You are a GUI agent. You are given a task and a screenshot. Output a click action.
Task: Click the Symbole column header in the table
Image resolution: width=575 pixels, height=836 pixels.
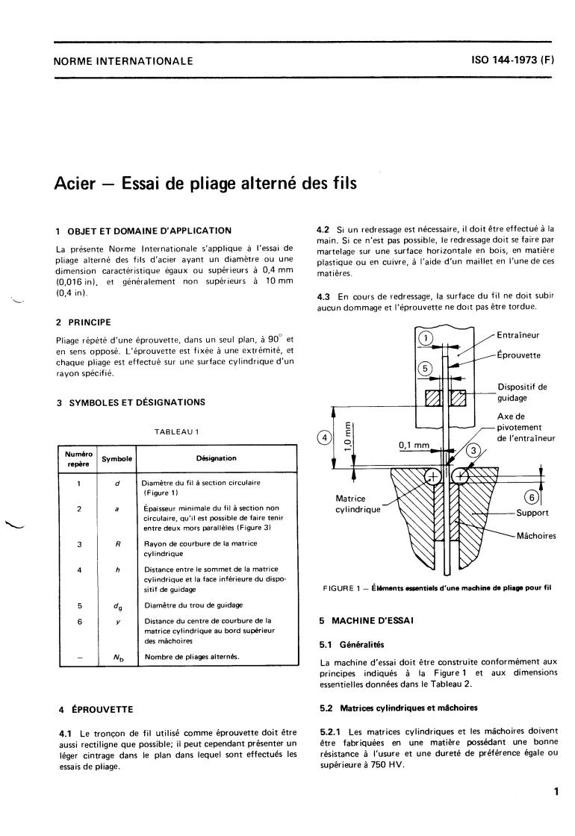117,458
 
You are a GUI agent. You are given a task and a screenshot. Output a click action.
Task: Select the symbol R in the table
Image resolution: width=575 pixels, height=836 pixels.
117,545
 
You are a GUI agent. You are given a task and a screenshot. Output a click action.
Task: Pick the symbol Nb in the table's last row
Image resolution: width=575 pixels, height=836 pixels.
117,657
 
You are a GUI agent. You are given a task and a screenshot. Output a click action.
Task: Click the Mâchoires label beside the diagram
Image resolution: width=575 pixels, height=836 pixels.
536,535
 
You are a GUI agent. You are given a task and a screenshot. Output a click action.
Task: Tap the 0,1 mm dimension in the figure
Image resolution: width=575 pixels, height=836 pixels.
414,446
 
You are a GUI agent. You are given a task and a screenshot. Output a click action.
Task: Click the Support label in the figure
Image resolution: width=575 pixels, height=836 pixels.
532,513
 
